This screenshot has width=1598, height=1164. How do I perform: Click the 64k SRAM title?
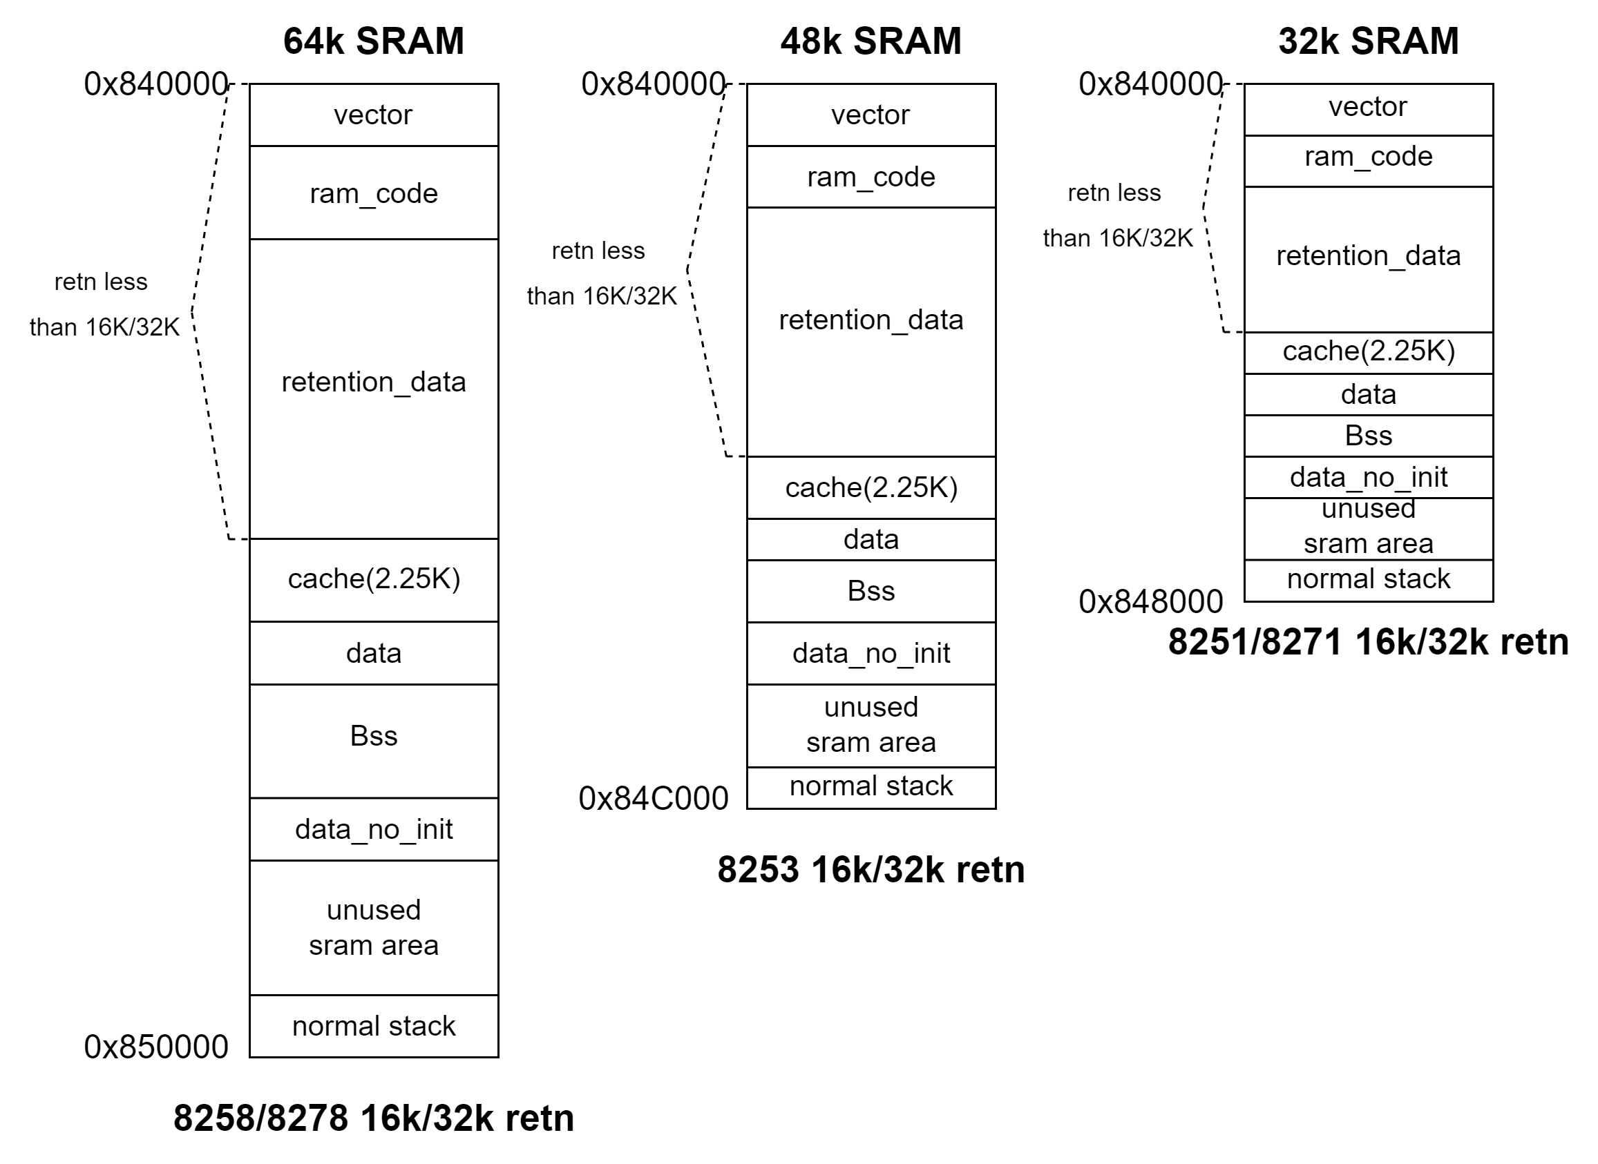(374, 41)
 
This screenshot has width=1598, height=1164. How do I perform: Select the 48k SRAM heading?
(871, 41)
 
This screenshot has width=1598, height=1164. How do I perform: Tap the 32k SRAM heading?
(1368, 41)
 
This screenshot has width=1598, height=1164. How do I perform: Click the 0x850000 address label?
(155, 1047)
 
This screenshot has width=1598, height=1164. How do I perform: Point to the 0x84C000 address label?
(654, 798)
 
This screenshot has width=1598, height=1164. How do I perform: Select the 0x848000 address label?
(1150, 602)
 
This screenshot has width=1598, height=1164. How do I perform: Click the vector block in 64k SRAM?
(374, 115)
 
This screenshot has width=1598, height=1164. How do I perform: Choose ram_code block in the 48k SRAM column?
(871, 177)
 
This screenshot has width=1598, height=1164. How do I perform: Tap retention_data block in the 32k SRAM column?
(1368, 255)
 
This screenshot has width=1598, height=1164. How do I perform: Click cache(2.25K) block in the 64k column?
(374, 579)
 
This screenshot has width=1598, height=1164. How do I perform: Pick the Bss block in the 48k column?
(871, 591)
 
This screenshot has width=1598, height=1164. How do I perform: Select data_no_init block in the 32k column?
(1368, 478)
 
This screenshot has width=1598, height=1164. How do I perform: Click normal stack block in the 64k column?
(374, 1026)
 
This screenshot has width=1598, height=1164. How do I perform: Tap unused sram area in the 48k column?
(871, 725)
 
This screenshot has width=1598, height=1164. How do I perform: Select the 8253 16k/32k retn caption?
(871, 869)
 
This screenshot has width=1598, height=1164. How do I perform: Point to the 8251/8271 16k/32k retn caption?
(1368, 642)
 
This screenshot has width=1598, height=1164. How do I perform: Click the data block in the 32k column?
(1368, 395)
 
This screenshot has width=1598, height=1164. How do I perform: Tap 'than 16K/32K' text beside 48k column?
(601, 296)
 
